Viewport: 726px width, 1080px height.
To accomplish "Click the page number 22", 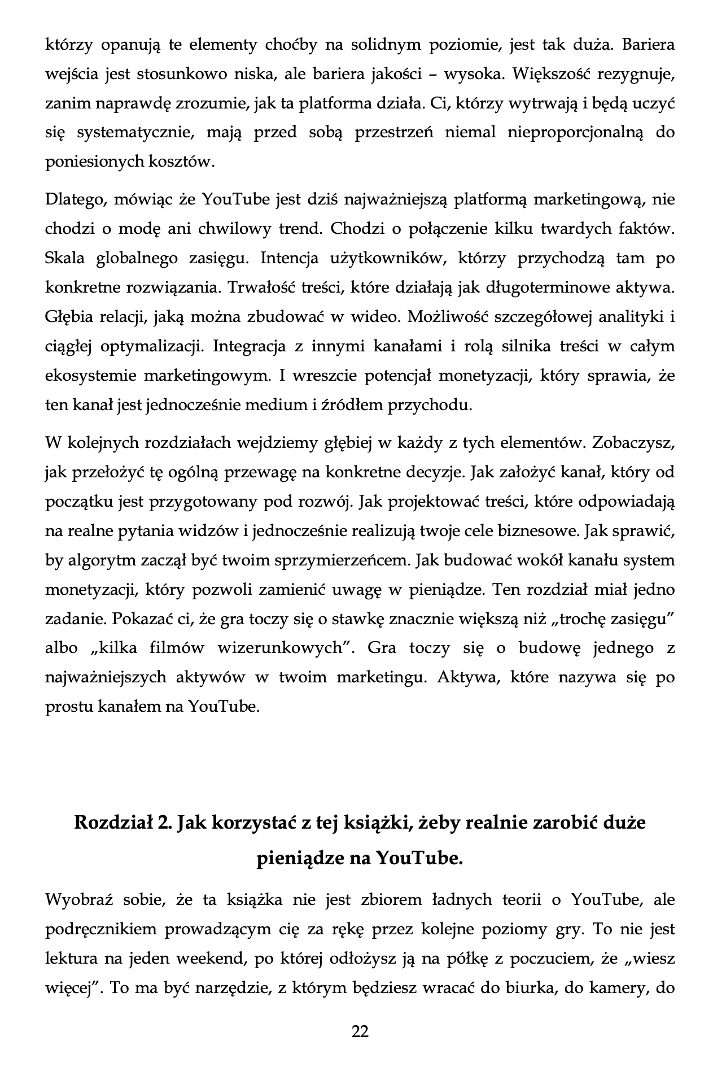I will pos(360,1032).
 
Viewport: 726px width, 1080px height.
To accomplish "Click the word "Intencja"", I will pos(288,258).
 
